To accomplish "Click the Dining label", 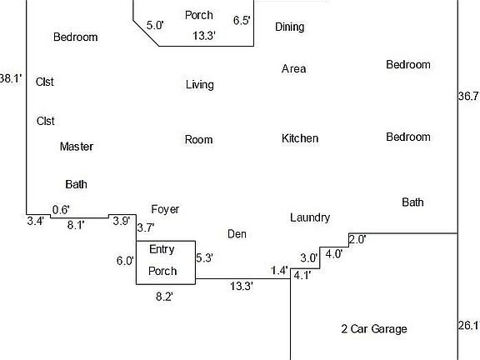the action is click(x=290, y=27).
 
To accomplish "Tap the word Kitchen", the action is click(x=300, y=138).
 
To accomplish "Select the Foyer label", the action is click(x=165, y=210).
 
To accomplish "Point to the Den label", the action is click(x=237, y=234).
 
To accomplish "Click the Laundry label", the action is click(x=310, y=218).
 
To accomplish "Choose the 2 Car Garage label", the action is click(x=374, y=329).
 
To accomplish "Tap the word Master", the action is click(x=77, y=147).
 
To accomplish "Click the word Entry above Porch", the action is click(x=162, y=249).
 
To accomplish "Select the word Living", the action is click(x=200, y=85).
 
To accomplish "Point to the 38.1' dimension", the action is click(x=11, y=78).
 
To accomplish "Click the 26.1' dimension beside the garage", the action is click(x=468, y=325).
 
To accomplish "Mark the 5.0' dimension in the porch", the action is click(x=155, y=25).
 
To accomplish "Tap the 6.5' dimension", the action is click(x=242, y=21).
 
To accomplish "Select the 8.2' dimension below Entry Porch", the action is click(x=164, y=297).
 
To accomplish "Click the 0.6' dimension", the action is click(x=61, y=210).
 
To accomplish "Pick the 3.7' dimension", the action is click(x=146, y=227).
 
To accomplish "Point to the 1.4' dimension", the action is click(x=279, y=271).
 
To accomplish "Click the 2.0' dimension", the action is click(x=357, y=239).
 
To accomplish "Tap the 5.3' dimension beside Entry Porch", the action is click(x=204, y=258).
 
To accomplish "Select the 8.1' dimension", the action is click(x=76, y=225).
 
